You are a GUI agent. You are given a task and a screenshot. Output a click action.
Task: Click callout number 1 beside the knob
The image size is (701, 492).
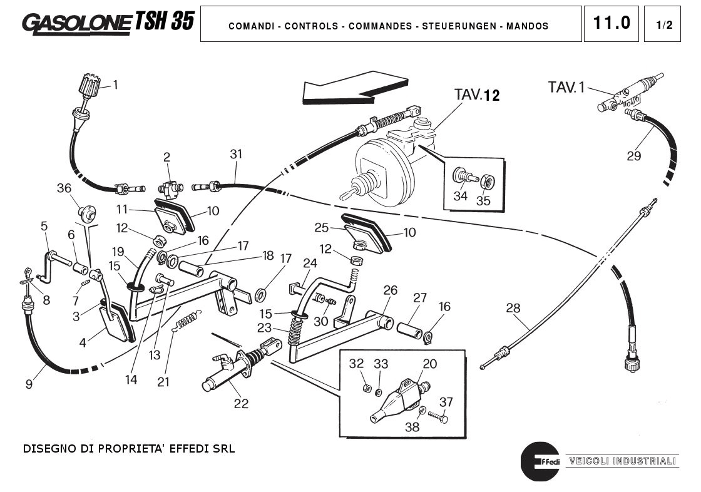(115, 85)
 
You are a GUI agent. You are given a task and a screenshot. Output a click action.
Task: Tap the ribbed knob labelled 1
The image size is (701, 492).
(90, 86)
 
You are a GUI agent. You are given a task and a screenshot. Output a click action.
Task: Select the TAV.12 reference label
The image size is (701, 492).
(477, 95)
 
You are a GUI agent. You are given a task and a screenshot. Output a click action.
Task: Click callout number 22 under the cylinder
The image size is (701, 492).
(241, 404)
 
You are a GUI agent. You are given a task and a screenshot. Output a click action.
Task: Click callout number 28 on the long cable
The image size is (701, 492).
(513, 308)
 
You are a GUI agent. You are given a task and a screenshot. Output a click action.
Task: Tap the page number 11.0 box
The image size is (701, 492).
(611, 24)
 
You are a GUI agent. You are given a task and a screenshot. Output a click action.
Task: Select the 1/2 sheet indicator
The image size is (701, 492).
(664, 25)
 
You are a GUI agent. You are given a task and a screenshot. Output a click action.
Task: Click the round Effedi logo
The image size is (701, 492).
(539, 461)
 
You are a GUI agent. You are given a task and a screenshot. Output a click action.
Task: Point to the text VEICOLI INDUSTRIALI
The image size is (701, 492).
(622, 461)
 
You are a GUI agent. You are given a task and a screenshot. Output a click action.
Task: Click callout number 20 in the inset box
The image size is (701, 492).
(430, 364)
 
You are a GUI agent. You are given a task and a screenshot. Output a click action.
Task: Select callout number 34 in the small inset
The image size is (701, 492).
(461, 196)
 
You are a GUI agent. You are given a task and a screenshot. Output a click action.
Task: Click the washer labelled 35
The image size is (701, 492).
(489, 182)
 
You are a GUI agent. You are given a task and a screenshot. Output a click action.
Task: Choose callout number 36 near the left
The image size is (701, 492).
(64, 188)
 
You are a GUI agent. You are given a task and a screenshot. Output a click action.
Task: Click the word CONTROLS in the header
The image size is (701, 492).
(312, 26)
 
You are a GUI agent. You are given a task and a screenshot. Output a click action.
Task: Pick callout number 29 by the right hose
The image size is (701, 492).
(634, 156)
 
